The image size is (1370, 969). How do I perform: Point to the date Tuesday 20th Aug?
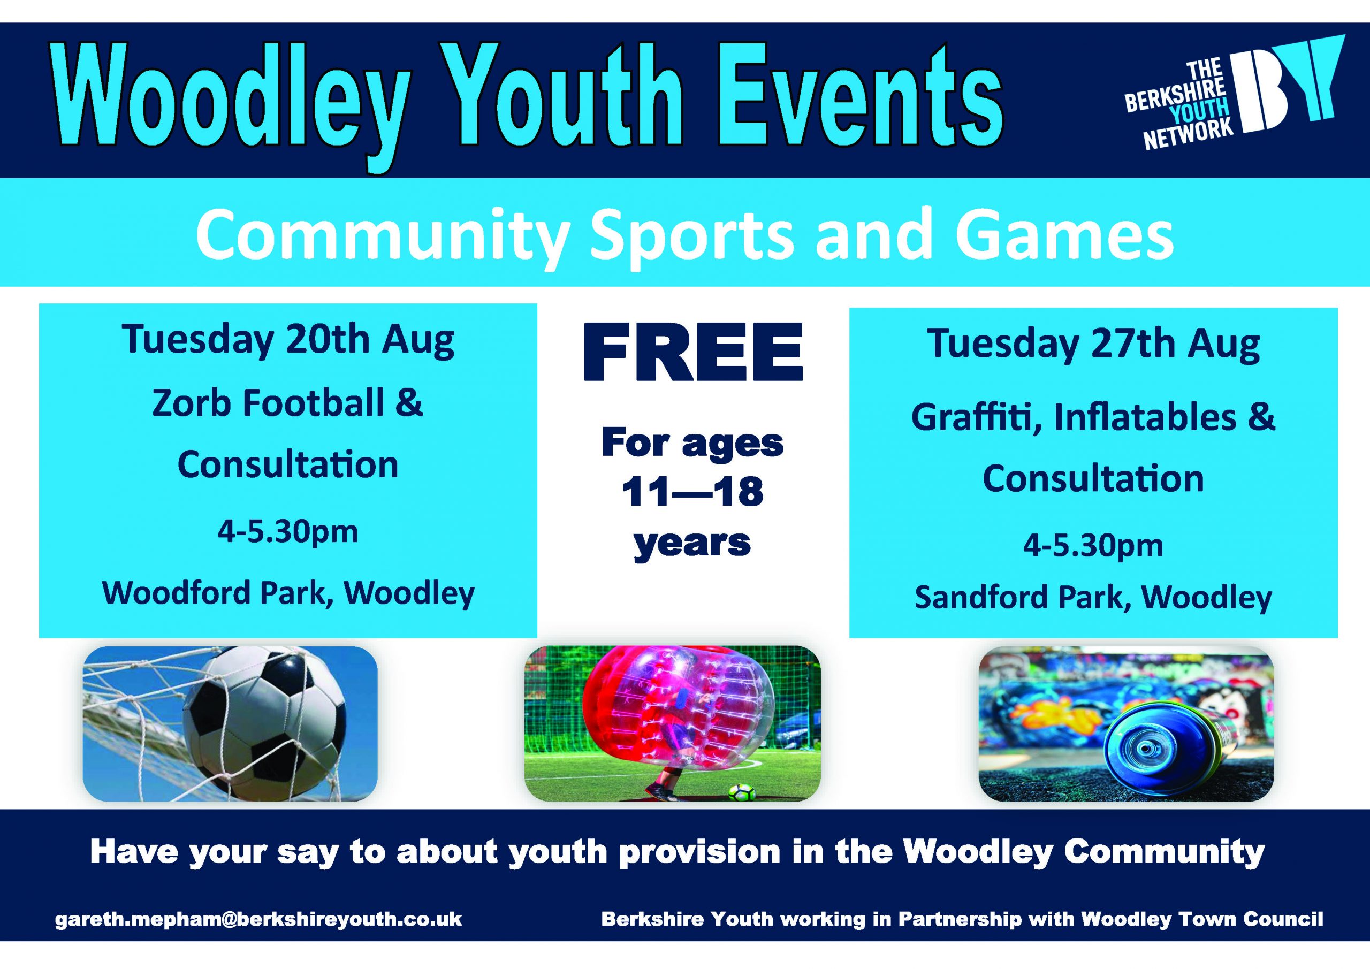click(288, 340)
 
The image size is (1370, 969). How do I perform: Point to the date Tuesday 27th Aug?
click(1093, 344)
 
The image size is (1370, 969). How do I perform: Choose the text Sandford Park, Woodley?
click(1093, 597)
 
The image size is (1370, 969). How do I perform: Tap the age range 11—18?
click(692, 492)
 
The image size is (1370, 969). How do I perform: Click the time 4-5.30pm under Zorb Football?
click(287, 532)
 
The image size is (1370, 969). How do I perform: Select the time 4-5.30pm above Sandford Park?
click(1093, 546)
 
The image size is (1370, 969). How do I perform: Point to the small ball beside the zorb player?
click(742, 793)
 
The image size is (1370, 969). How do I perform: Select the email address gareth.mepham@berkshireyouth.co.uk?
click(259, 918)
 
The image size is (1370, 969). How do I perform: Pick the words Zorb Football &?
click(287, 404)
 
